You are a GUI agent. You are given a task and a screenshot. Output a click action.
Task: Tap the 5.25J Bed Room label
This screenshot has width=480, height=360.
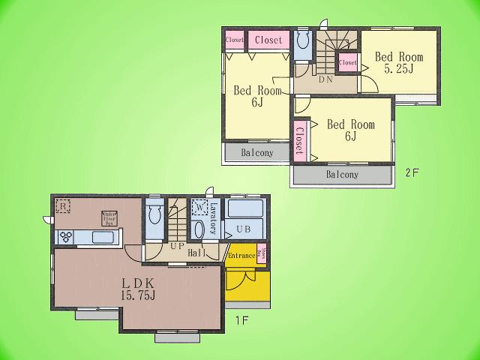(x=399, y=62)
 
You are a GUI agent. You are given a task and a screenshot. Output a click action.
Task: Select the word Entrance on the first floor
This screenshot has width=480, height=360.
(x=241, y=256)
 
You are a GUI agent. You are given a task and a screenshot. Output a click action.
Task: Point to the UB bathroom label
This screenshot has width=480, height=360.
(x=243, y=229)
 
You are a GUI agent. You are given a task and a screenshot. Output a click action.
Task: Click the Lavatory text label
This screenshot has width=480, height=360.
(x=214, y=218)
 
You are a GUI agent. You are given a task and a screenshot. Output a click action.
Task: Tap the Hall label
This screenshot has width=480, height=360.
(x=197, y=253)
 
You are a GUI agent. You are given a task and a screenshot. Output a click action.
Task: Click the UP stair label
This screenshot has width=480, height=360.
(x=177, y=246)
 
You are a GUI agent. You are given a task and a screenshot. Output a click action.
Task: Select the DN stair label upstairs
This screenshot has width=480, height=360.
(x=325, y=79)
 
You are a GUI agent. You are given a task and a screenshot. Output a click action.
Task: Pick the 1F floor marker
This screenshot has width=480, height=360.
(x=241, y=320)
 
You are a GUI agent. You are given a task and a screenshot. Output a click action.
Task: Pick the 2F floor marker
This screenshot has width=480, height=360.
(x=412, y=172)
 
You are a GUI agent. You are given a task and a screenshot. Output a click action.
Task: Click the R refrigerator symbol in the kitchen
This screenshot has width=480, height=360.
(x=64, y=205)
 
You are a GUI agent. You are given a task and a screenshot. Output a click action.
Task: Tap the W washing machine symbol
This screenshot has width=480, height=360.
(x=199, y=207)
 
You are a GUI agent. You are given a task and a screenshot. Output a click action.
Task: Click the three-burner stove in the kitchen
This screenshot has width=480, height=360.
(x=65, y=237)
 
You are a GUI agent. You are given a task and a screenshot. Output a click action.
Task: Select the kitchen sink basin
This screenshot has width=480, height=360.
(x=102, y=238)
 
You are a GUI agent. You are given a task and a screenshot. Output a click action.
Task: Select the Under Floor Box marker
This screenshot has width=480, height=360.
(x=108, y=217)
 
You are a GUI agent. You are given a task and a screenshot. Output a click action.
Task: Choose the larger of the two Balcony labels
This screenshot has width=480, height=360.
(x=342, y=175)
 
